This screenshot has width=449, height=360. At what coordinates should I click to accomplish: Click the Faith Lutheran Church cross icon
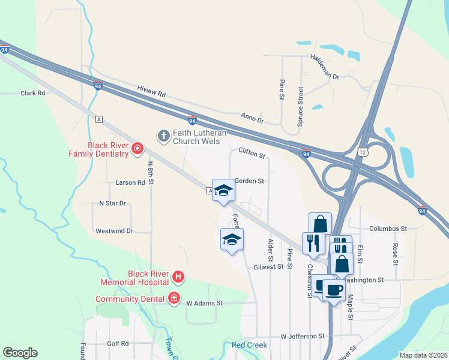163,136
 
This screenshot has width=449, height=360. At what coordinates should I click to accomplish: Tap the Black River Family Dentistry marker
137,148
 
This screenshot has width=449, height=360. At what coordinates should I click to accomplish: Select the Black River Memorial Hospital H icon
178,277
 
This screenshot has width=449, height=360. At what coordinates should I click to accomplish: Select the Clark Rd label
33,93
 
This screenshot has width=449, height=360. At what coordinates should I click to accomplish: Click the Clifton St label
252,154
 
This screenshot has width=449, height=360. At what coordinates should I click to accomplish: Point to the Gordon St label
249,181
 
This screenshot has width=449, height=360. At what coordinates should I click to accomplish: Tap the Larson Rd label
131,182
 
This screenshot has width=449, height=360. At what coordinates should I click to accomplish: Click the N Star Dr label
113,203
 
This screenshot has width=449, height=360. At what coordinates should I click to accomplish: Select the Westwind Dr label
114,230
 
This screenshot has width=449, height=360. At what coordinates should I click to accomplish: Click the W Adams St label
204,304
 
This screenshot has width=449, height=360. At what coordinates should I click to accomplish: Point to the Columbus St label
388,229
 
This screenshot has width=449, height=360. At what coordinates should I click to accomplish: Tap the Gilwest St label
268,266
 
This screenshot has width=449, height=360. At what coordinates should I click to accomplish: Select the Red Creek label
249,345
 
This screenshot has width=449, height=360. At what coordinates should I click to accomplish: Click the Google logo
20,353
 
